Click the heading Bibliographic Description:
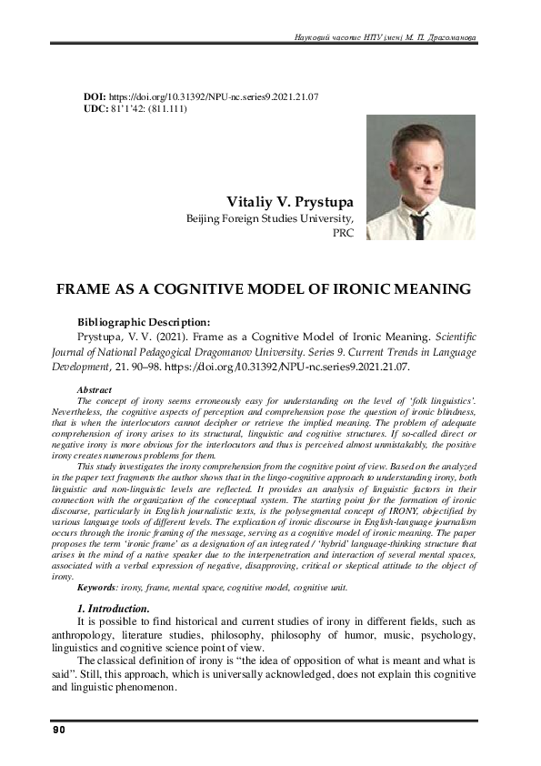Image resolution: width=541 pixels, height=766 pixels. (144, 321)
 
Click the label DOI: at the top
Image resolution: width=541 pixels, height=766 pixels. (94, 96)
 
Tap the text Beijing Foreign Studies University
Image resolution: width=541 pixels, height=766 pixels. (270, 218)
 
